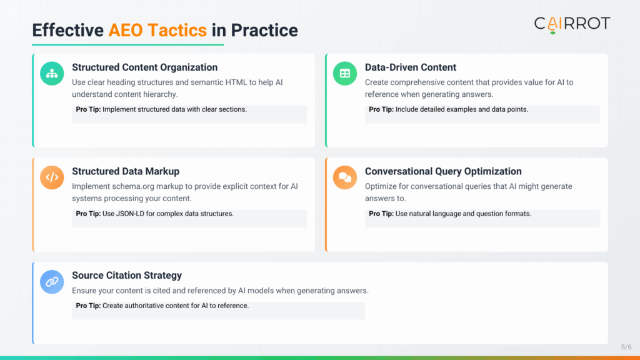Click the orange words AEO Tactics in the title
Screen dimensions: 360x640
tap(157, 30)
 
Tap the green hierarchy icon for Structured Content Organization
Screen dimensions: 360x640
tap(52, 73)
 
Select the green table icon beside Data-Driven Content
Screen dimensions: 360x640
tap(345, 73)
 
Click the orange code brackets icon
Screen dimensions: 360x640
tap(52, 177)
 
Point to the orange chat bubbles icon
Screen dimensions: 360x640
tap(345, 177)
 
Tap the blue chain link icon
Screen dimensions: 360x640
tap(52, 282)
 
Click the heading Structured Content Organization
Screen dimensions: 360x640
tap(145, 67)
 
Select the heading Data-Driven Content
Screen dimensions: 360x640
tap(411, 67)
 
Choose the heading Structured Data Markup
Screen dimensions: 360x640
tap(126, 171)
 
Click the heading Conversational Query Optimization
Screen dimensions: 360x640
tap(443, 171)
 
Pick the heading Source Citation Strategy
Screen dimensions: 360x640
tap(127, 276)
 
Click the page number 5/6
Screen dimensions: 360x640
tap(626, 347)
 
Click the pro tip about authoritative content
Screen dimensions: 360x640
tap(162, 306)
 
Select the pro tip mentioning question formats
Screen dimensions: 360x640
tap(450, 214)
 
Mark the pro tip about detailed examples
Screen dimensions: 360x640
tap(448, 109)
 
